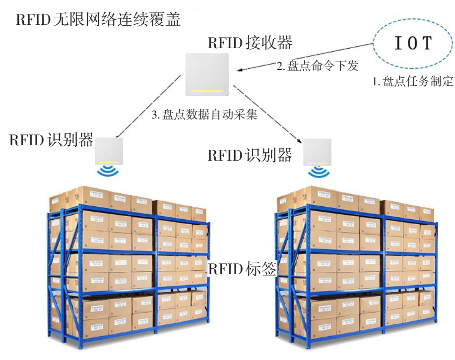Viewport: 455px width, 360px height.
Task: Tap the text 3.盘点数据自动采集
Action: coord(204,115)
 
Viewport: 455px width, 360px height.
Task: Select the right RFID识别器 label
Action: coord(250,155)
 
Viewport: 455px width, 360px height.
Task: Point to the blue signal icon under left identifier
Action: coord(108,172)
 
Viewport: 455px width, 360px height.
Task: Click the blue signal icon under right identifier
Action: coord(317,172)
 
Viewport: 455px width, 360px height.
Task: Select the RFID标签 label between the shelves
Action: coord(242,269)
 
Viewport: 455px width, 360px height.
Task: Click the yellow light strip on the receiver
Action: coord(207,91)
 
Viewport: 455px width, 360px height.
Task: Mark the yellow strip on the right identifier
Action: coord(317,162)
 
